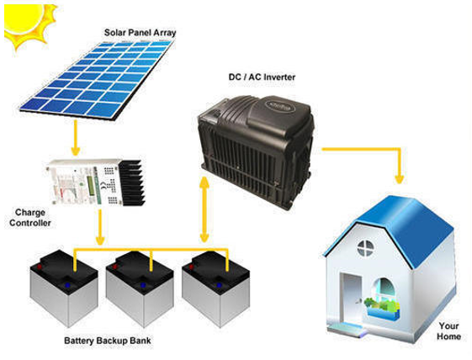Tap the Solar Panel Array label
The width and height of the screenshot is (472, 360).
tap(140, 33)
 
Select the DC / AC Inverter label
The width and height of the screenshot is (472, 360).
tap(262, 77)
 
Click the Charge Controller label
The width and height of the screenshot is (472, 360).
tap(30, 218)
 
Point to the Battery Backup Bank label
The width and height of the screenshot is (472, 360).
tap(108, 341)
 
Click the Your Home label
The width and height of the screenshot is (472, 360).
tap(448, 331)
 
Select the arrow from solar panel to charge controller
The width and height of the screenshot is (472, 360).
tap(75, 137)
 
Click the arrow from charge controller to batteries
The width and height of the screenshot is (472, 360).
tap(100, 227)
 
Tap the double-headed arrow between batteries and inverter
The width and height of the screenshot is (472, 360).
tap(204, 209)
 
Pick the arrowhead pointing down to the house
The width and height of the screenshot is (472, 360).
tap(399, 179)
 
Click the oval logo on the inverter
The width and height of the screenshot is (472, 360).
tap(280, 106)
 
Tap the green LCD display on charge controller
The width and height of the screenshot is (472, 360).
tap(90, 186)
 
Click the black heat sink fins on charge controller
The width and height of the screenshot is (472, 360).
tap(132, 183)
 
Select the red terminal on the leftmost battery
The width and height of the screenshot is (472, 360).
tap(40, 267)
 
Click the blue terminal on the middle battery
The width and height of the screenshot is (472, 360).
tap(143, 285)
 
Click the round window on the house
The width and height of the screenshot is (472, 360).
tap(366, 248)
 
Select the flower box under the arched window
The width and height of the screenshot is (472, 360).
tap(382, 310)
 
